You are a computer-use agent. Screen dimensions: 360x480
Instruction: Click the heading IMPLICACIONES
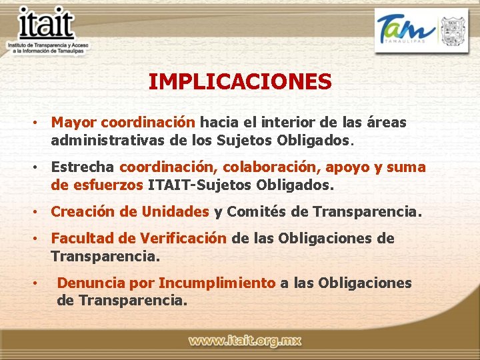[x=240, y=82]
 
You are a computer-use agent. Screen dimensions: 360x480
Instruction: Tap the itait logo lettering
[x=46, y=25]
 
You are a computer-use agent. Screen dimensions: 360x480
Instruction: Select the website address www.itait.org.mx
[x=245, y=341]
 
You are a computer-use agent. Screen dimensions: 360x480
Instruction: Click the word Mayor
[x=74, y=123]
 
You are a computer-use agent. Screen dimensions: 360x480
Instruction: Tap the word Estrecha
[x=83, y=167]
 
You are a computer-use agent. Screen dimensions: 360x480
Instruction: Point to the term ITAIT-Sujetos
[x=197, y=185]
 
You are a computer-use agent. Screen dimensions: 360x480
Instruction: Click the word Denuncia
[x=88, y=283]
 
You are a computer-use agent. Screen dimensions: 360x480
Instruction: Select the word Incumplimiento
[x=217, y=283]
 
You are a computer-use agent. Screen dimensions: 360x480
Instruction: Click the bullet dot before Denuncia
[x=32, y=283]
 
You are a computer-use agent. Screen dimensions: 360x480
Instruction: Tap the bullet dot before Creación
[x=32, y=213]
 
